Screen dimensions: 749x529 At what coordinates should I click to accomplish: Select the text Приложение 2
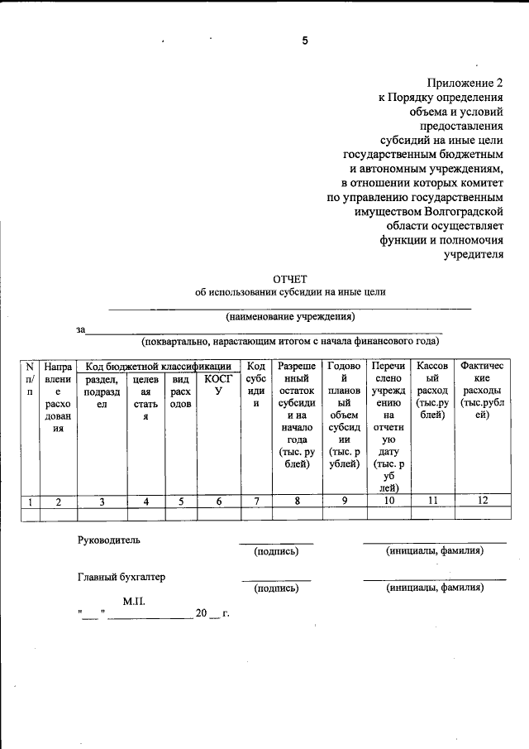(x=465, y=83)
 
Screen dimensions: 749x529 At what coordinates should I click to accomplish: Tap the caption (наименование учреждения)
(x=290, y=316)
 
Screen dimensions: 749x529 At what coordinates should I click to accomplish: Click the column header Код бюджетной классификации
(x=159, y=366)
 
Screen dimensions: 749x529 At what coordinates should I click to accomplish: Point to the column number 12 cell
(x=483, y=500)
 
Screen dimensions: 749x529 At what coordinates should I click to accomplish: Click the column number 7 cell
(x=256, y=500)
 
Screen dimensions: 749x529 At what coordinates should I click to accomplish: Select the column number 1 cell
(x=30, y=501)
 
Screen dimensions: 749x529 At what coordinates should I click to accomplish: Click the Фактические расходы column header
(x=483, y=391)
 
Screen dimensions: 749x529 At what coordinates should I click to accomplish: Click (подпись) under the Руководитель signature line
(x=276, y=551)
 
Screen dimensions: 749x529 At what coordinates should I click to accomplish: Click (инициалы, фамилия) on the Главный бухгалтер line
(x=435, y=588)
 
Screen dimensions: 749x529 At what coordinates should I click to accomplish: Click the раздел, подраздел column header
(x=102, y=391)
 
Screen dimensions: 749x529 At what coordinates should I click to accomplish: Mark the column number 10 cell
(x=388, y=500)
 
